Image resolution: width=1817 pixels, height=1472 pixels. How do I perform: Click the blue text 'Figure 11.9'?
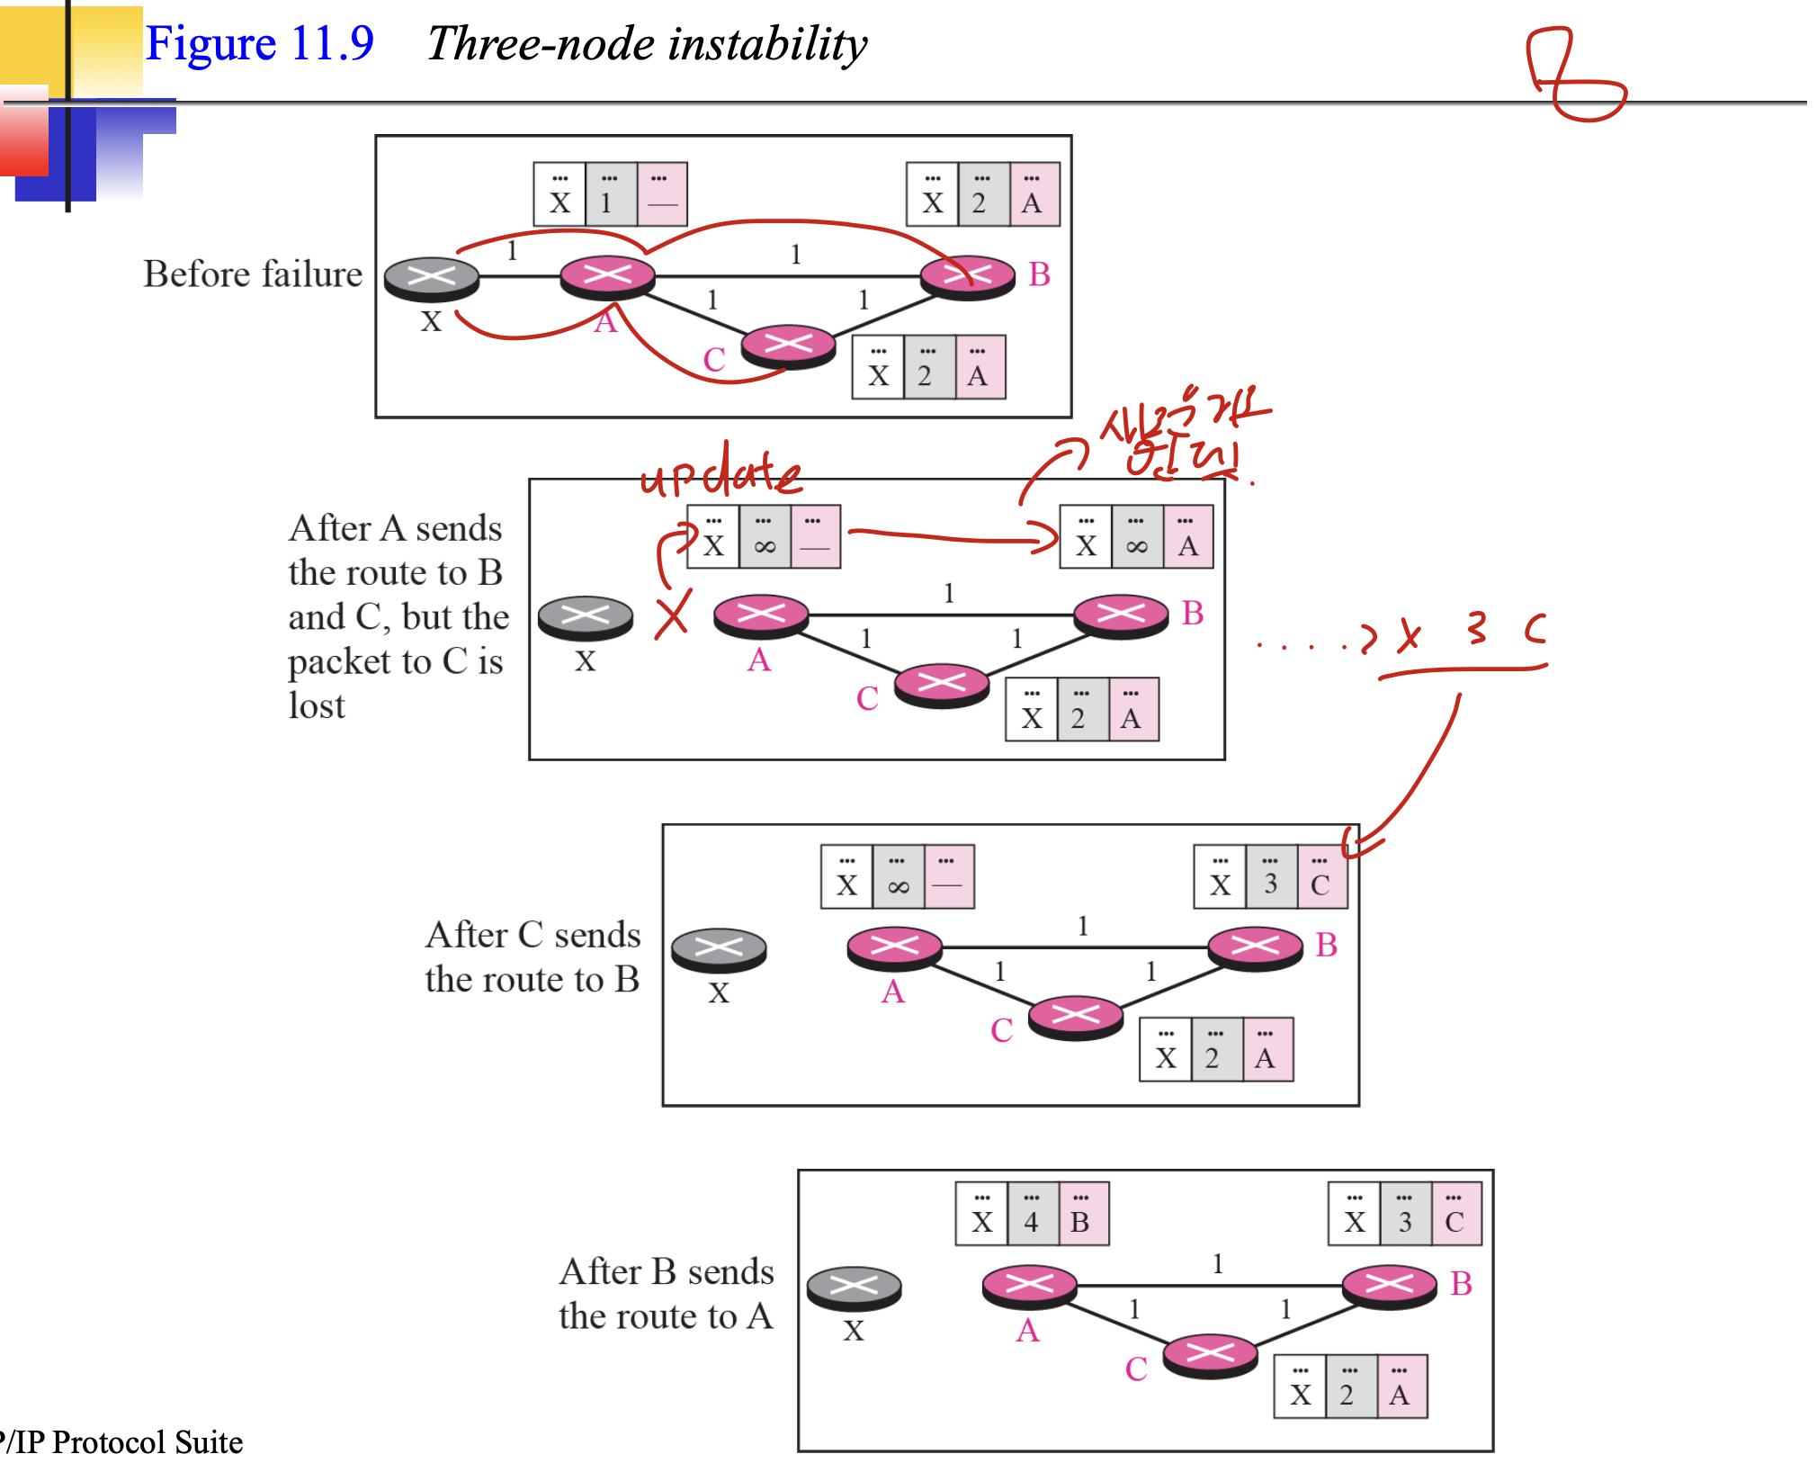click(x=259, y=43)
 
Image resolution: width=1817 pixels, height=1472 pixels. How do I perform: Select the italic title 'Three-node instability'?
click(x=647, y=43)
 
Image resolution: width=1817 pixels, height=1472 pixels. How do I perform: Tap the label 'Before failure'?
click(x=253, y=274)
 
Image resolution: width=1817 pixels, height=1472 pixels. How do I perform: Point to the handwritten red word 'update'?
click(x=720, y=474)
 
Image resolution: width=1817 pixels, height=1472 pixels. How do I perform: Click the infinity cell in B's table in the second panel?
click(x=1137, y=537)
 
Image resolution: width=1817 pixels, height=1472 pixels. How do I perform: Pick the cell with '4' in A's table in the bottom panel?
click(x=1032, y=1214)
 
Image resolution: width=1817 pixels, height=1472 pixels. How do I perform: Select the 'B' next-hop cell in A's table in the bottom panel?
click(x=1082, y=1214)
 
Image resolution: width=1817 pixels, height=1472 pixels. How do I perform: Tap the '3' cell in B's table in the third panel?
click(x=1271, y=876)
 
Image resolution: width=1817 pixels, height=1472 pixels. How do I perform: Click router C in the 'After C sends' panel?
click(x=1076, y=1016)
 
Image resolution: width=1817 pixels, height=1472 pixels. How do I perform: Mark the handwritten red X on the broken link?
click(x=673, y=615)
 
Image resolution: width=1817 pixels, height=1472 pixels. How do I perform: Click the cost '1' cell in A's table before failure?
click(x=610, y=194)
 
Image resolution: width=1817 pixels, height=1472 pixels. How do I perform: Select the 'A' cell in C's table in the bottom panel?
click(x=1401, y=1387)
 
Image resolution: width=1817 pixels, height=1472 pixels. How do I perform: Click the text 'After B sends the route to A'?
click(x=666, y=1293)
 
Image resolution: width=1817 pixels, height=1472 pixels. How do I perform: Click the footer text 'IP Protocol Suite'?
click(x=127, y=1441)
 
